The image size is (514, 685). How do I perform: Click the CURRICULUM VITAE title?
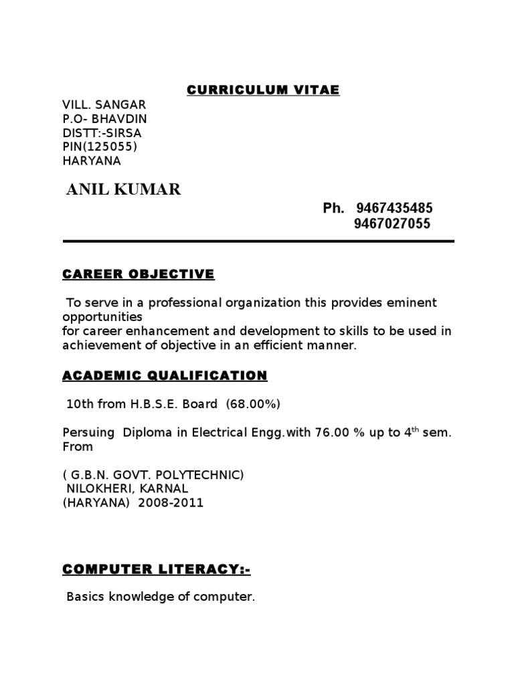click(263, 90)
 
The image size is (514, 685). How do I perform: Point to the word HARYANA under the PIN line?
click(92, 161)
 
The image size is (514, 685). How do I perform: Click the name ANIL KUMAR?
click(124, 191)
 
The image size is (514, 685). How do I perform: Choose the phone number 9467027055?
click(392, 224)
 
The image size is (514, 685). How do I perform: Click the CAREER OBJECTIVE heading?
click(139, 274)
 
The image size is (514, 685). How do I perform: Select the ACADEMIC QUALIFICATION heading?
click(165, 376)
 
